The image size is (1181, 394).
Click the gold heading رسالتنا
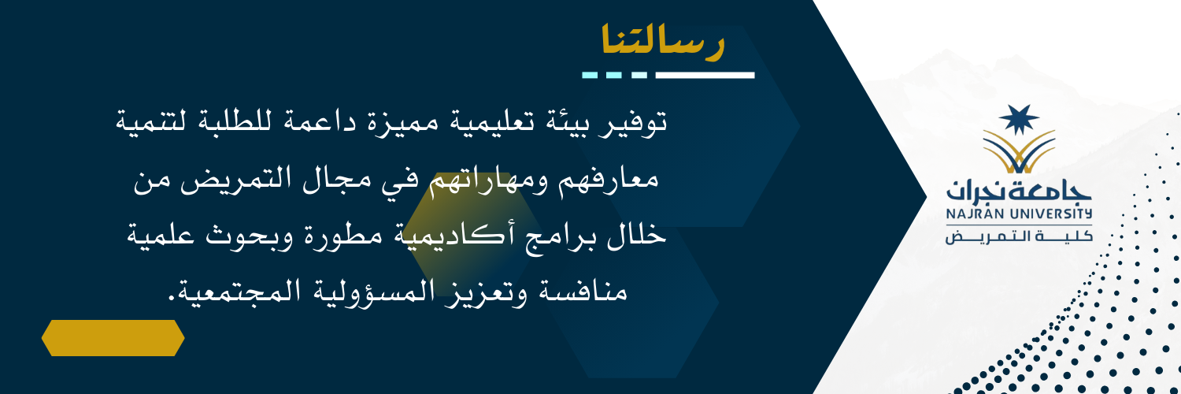click(x=663, y=40)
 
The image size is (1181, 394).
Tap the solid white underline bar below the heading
click(x=705, y=76)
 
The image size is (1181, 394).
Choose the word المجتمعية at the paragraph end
click(x=240, y=291)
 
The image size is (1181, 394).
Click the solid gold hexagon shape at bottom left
click(x=113, y=337)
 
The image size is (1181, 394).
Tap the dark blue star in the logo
click(x=1019, y=119)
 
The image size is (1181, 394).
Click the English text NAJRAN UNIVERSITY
click(x=1019, y=214)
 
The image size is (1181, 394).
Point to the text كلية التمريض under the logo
click(x=1019, y=236)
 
